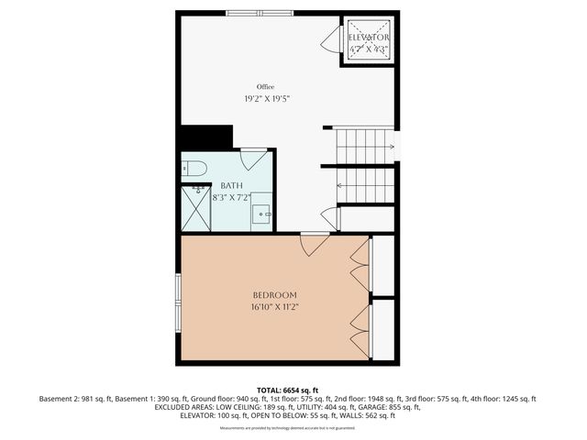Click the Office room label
tap(265, 87)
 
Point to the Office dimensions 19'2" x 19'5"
tap(265, 98)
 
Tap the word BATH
tap(232, 185)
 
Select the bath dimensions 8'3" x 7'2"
tap(232, 196)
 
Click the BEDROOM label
tap(274, 295)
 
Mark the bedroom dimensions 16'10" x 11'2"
tap(274, 307)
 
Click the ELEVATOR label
tap(370, 38)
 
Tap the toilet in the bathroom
tap(193, 168)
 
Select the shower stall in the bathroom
tap(196, 207)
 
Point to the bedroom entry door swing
tap(315, 245)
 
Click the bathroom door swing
tap(254, 159)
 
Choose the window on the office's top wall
tap(260, 13)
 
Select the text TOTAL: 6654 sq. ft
tap(293, 390)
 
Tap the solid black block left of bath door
tap(205, 137)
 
